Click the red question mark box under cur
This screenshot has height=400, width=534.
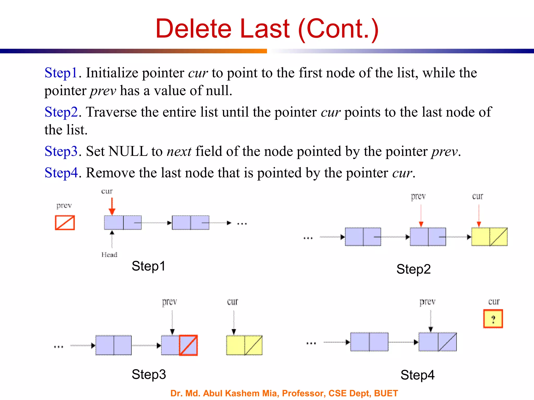[x=493, y=318]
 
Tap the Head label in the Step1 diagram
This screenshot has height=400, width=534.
[x=109, y=254]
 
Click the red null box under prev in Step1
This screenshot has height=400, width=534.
[x=65, y=223]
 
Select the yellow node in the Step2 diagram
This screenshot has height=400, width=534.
[x=489, y=237]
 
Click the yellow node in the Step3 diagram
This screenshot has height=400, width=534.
[x=244, y=345]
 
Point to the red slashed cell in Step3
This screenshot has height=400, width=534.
[x=188, y=345]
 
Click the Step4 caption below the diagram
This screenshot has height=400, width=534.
[x=417, y=375]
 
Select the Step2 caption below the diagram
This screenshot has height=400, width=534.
[x=413, y=269]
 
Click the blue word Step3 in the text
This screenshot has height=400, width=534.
[x=61, y=151]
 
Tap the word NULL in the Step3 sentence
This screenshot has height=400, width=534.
[x=128, y=151]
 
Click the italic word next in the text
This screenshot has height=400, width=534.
[x=179, y=151]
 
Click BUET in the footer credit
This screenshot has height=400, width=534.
[x=386, y=393]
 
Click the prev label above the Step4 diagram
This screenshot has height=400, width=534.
[x=427, y=302]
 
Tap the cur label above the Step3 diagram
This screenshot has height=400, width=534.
[x=233, y=302]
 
